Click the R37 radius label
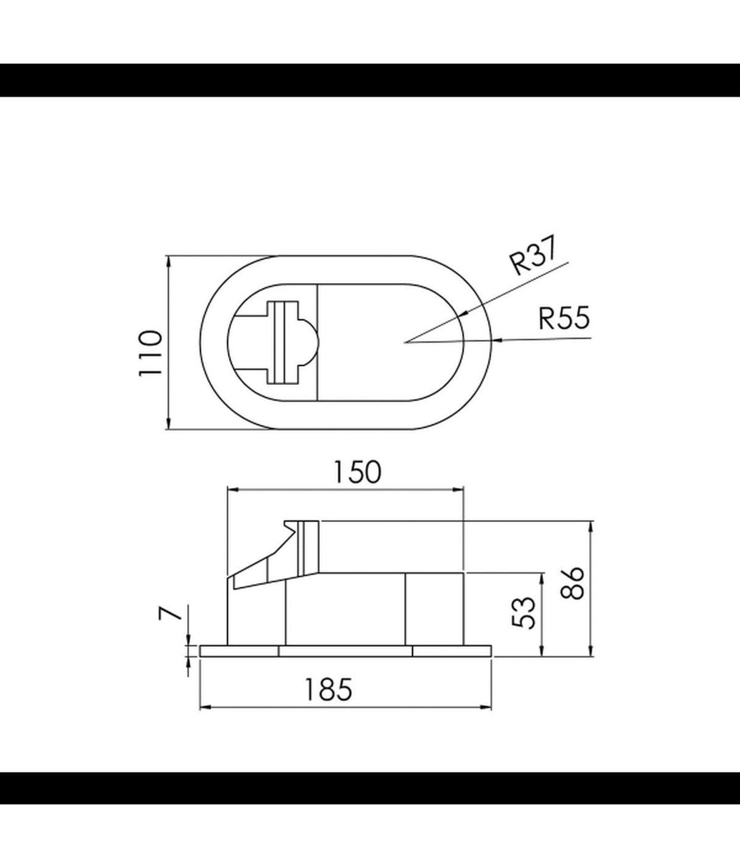pyautogui.click(x=533, y=257)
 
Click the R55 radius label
pyautogui.click(x=564, y=318)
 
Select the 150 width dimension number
pyautogui.click(x=357, y=472)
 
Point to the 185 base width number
pyautogui.click(x=329, y=690)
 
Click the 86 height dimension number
pyautogui.click(x=572, y=584)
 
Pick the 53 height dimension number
pyautogui.click(x=524, y=613)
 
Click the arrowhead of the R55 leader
pyautogui.click(x=496, y=340)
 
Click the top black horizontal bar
pyautogui.click(x=370, y=80)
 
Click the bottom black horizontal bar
pyautogui.click(x=370, y=788)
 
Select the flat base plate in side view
pyautogui.click(x=346, y=651)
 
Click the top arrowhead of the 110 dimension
pyautogui.click(x=168, y=260)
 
